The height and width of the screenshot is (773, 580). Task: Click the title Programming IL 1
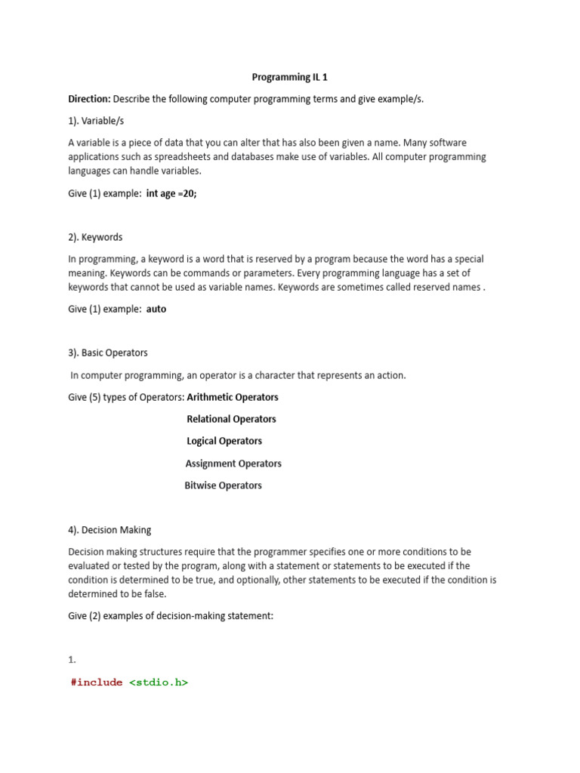(289, 77)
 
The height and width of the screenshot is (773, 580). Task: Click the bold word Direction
(89, 99)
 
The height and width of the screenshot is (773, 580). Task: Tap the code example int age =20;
(171, 193)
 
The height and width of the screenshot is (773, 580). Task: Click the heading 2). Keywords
(95, 237)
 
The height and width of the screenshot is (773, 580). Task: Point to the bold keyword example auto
(156, 309)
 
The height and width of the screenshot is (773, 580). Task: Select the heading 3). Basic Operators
(108, 353)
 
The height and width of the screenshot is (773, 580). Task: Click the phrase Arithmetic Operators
(233, 397)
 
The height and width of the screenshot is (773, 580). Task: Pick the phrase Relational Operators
(231, 419)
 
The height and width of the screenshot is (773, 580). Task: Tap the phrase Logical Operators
(224, 441)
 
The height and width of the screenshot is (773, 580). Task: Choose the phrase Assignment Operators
(233, 463)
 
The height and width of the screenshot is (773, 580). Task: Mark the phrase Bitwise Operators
(223, 485)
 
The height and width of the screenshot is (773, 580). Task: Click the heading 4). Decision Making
(110, 530)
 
